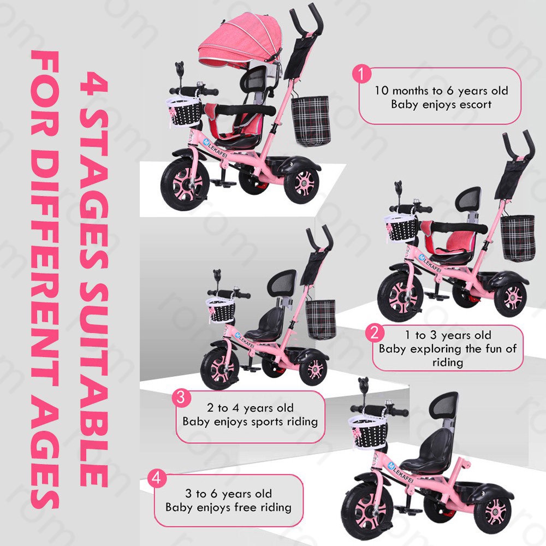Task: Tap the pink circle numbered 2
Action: click(374, 333)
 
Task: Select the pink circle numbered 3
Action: click(182, 397)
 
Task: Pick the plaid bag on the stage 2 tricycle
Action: click(518, 238)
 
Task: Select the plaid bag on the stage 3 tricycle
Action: click(321, 319)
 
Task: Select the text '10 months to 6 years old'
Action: click(441, 90)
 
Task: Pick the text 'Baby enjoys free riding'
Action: click(228, 507)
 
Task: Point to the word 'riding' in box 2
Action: click(448, 362)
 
